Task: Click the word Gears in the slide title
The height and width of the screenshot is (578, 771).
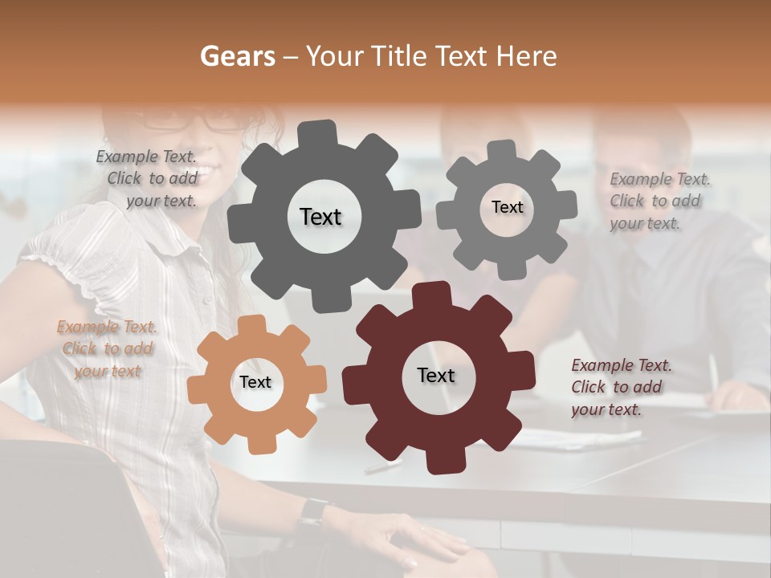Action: [237, 56]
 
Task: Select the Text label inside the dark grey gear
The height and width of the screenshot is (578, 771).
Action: [320, 217]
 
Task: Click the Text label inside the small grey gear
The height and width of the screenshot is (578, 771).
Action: [507, 207]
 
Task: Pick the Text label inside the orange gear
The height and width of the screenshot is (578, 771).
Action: [255, 382]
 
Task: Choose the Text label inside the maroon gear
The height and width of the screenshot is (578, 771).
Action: [436, 375]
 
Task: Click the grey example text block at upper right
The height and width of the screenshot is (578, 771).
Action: [659, 201]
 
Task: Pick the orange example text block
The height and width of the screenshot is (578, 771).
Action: [107, 348]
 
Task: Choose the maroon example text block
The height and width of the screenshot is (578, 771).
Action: [620, 387]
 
